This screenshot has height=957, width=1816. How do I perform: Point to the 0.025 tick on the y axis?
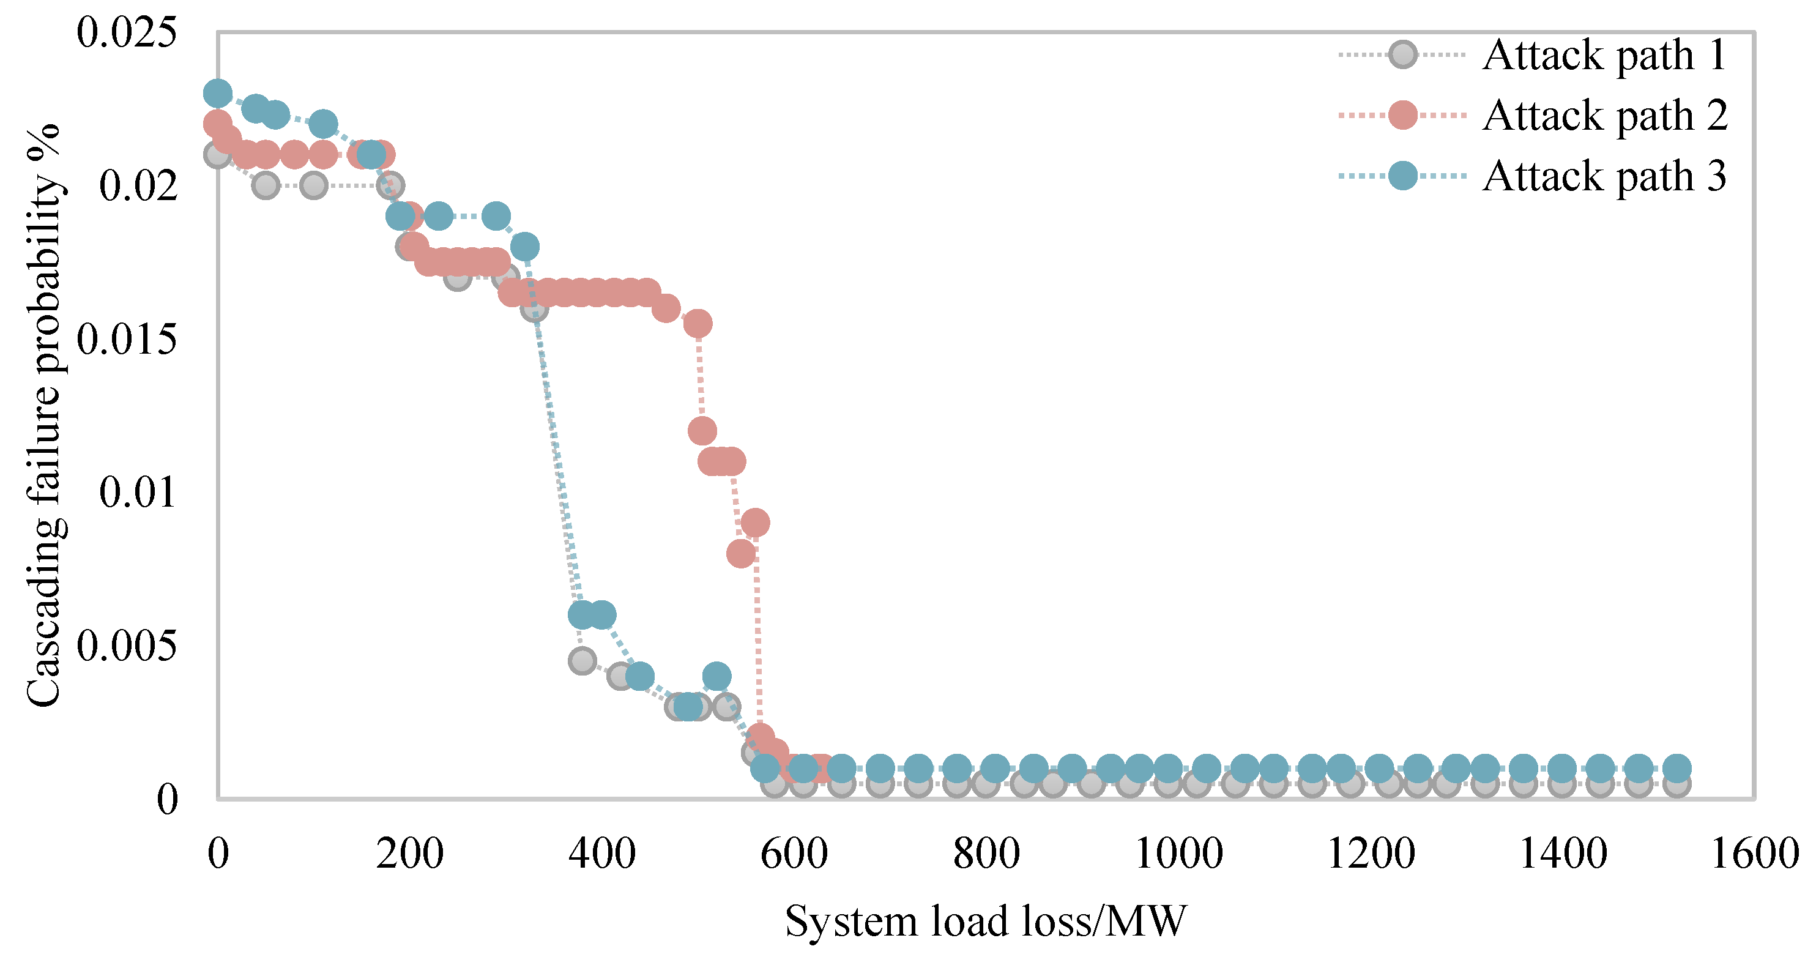click(127, 32)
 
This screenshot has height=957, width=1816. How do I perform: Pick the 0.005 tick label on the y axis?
click(127, 646)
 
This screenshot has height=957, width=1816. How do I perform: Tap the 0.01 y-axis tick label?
click(138, 492)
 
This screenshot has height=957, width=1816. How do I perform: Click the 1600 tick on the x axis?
click(1755, 854)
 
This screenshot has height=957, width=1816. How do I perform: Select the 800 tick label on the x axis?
click(986, 854)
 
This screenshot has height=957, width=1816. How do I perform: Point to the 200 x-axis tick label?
click(409, 854)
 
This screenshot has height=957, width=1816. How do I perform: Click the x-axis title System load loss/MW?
click(986, 921)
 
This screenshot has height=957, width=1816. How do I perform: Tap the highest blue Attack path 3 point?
click(218, 92)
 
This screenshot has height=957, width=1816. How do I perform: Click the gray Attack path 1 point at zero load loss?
click(218, 154)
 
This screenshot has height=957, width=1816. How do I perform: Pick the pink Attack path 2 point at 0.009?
click(755, 523)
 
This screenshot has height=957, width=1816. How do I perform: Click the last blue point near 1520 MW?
click(1677, 768)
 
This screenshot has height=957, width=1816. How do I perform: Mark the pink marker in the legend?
click(1403, 115)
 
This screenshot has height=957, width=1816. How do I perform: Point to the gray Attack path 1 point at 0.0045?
click(582, 661)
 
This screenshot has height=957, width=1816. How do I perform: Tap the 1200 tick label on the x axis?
click(1371, 854)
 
